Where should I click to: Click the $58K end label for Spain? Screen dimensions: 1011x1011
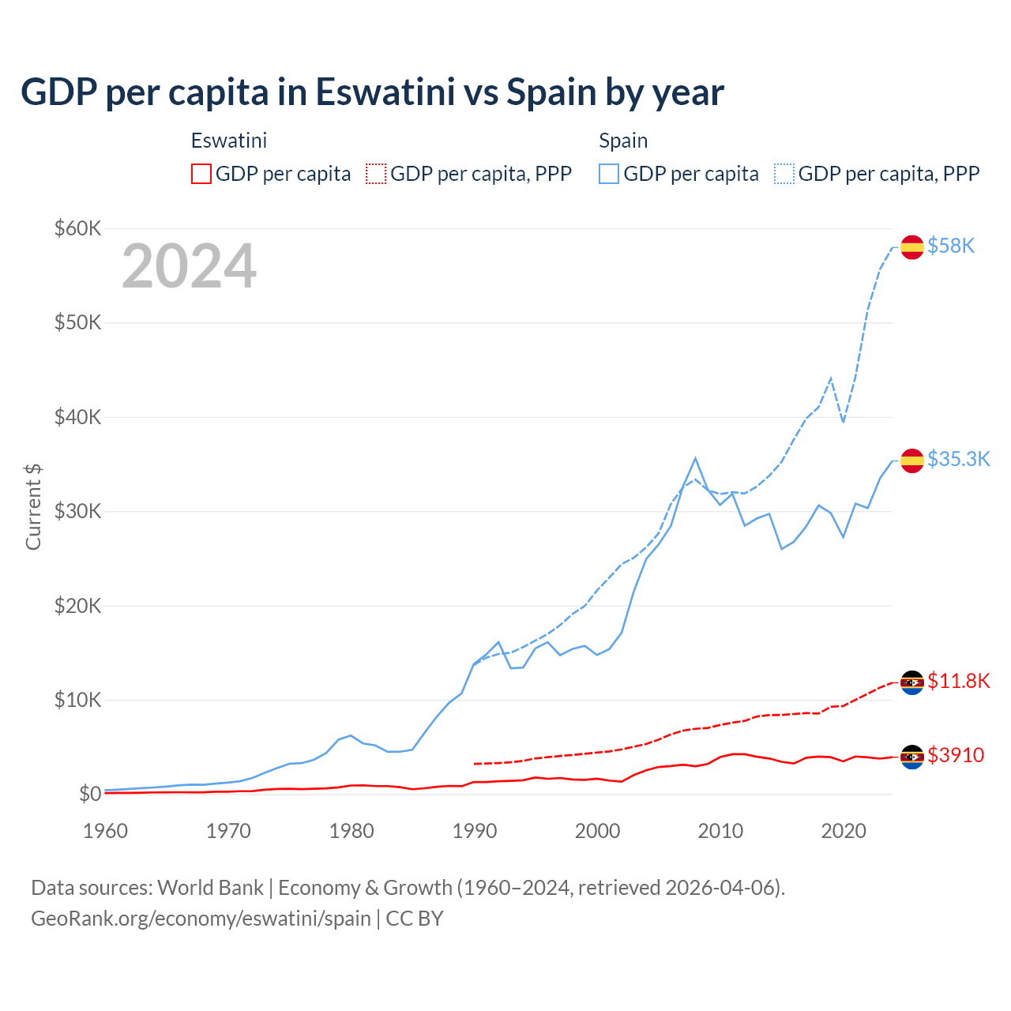951,246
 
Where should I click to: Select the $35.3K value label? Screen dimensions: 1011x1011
958,460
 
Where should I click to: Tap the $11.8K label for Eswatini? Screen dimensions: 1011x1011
958,681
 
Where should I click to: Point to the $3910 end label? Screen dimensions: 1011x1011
956,756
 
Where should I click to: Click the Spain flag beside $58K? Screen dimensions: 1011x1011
912,247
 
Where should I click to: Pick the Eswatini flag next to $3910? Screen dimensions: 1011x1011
912,757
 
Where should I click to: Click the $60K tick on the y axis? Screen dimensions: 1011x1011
77,229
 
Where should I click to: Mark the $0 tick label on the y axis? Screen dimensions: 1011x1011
90,794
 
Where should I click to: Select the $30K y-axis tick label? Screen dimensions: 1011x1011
77,512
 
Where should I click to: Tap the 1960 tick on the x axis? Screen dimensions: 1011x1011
105,831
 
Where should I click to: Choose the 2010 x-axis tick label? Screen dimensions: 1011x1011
720,831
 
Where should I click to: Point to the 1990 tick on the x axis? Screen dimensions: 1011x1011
475,831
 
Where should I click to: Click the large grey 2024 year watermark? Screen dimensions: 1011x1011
189,266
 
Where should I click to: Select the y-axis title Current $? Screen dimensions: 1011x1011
33,507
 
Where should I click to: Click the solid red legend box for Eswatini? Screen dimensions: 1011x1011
201,174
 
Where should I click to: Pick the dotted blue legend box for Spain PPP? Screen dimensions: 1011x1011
784,174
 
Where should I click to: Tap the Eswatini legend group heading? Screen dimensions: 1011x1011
229,141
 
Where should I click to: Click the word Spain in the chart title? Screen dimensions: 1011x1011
551,92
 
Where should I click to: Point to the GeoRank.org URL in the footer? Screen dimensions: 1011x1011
201,919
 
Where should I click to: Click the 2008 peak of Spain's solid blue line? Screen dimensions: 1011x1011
695,458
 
